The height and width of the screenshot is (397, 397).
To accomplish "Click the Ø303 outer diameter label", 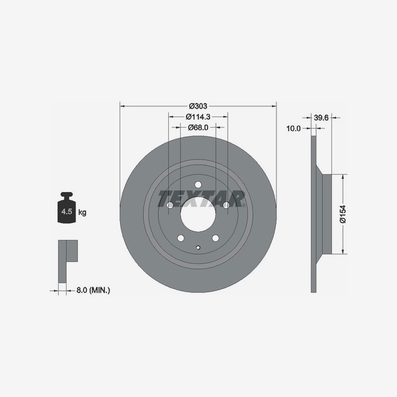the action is click(198, 106).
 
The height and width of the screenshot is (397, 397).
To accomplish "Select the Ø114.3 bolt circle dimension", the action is click(198, 117).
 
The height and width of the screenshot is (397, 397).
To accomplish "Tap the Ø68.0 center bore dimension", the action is click(198, 128).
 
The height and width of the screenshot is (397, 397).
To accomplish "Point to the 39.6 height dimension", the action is click(321, 118).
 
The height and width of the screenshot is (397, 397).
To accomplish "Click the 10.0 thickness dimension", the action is click(293, 129).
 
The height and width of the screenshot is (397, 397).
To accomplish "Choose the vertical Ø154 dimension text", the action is click(342, 214).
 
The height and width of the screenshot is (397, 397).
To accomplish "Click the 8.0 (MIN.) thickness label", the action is click(93, 290).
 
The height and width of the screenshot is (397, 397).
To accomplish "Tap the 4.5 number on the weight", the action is click(66, 211).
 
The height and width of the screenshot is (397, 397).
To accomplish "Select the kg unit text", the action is click(82, 212).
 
